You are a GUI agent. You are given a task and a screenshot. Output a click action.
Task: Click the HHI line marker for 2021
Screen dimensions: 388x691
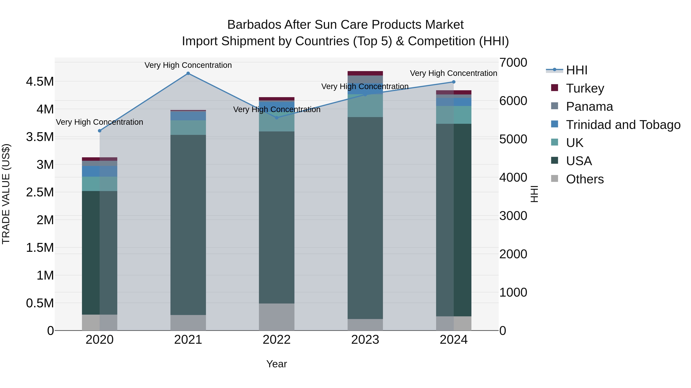[188, 73]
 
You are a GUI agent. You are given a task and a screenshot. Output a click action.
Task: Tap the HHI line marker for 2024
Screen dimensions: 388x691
[454, 82]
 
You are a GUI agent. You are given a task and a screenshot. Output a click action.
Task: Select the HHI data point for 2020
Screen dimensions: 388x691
[99, 131]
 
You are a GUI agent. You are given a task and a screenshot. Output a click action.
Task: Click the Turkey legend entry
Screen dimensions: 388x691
[585, 88]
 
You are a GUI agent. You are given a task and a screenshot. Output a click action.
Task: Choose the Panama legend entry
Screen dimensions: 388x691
[589, 106]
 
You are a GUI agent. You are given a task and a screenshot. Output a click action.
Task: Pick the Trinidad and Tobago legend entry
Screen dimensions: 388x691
[623, 125]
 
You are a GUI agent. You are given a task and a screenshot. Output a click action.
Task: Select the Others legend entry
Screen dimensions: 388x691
[585, 179]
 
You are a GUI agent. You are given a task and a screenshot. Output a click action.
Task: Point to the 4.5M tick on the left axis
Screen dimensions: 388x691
[40, 81]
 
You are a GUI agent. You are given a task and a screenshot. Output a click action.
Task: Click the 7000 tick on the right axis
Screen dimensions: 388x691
[513, 62]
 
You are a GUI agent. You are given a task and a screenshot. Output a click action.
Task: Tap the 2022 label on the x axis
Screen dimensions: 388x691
[277, 340]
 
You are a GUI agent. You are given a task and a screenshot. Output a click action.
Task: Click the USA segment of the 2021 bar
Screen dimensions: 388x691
[188, 225]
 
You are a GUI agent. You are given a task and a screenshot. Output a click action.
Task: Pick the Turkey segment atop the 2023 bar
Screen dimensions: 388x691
[365, 73]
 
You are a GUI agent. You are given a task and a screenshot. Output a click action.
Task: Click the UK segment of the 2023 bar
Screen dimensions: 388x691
[365, 106]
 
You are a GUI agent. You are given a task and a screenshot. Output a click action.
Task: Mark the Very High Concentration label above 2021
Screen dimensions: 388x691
[188, 65]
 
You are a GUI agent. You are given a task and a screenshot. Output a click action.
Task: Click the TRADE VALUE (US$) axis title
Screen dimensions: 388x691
[6, 194]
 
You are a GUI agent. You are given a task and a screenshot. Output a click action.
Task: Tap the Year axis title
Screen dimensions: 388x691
[277, 364]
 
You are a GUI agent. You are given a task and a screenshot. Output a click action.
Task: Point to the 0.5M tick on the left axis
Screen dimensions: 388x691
[40, 303]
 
